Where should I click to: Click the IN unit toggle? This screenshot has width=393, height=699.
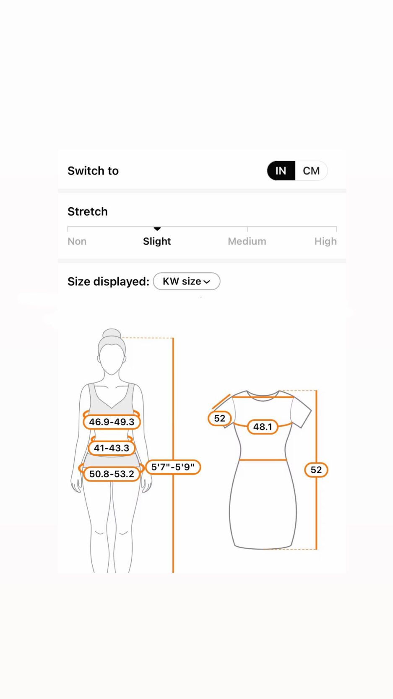[x=281, y=171]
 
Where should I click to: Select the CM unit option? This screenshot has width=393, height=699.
[x=311, y=171]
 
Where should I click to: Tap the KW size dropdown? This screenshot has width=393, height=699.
[x=187, y=281]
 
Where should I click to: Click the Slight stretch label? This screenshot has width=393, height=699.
[x=157, y=241]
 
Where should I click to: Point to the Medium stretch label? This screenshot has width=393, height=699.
[x=247, y=241]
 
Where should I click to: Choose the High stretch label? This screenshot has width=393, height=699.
[x=325, y=241]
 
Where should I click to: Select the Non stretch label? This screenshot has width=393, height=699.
[x=77, y=241]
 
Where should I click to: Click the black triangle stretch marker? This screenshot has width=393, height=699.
[x=157, y=229]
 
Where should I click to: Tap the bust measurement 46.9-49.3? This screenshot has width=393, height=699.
[x=112, y=422]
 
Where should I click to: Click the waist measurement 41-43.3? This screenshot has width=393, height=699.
[x=112, y=448]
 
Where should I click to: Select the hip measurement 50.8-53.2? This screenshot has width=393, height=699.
[x=112, y=474]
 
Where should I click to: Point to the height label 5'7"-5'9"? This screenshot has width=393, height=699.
[x=173, y=467]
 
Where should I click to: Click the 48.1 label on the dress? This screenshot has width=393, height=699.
[x=263, y=427]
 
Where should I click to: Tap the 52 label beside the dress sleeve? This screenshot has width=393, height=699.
[x=220, y=418]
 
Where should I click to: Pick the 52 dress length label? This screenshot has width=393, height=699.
[x=316, y=469]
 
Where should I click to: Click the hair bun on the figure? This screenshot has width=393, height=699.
[x=112, y=333]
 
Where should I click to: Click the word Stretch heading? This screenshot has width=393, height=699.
[x=88, y=211]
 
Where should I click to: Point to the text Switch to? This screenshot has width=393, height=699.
[x=93, y=171]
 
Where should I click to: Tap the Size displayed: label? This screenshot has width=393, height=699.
[x=109, y=282]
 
